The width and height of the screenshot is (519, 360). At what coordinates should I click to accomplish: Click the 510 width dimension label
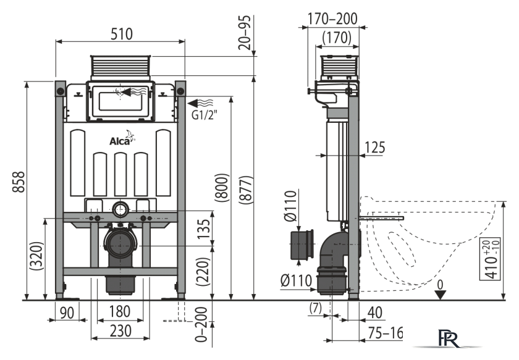click(x=122, y=34)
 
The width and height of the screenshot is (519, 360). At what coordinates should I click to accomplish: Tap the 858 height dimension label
click(x=19, y=182)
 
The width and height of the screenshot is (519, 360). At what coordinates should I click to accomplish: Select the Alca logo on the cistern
click(x=122, y=138)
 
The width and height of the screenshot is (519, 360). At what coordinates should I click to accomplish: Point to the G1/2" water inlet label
click(x=205, y=115)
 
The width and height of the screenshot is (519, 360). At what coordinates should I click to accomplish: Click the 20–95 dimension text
click(x=245, y=33)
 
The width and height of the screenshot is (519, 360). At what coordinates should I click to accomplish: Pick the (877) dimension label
click(x=247, y=190)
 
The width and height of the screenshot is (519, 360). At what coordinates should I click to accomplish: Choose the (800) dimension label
click(x=222, y=187)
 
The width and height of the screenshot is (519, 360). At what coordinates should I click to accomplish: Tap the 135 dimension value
click(x=205, y=228)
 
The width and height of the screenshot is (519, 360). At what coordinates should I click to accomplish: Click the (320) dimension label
click(x=36, y=256)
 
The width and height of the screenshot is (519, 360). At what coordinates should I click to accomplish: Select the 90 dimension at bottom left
click(x=67, y=312)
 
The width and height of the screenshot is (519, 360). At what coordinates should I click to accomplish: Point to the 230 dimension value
click(x=120, y=330)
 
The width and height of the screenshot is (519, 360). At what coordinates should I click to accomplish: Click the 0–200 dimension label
click(x=201, y=324)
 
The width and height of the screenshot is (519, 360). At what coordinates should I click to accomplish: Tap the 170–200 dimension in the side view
click(x=332, y=19)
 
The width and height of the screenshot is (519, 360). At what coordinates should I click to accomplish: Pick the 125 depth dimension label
click(x=374, y=147)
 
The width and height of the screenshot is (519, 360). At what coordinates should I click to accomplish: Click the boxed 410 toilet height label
click(x=491, y=258)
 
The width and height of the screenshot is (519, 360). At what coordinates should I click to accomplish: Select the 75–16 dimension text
click(x=386, y=333)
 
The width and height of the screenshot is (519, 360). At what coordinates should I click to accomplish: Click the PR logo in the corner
click(x=449, y=338)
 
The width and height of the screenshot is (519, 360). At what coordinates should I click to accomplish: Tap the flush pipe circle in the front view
click(x=120, y=209)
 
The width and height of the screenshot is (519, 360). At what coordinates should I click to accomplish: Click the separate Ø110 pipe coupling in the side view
click(x=302, y=245)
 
